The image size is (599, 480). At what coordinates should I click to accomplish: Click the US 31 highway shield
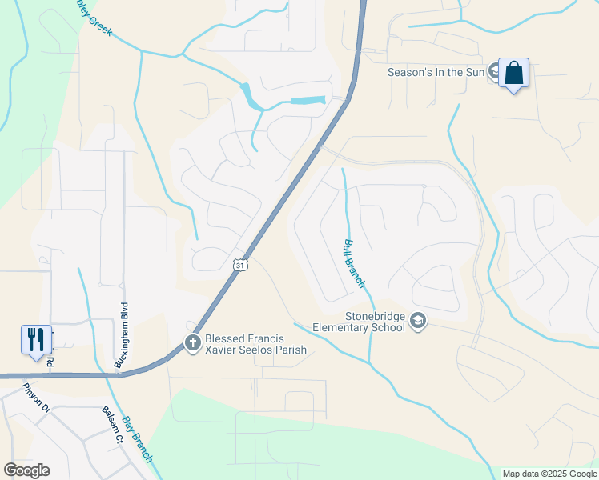pyautogui.click(x=241, y=264)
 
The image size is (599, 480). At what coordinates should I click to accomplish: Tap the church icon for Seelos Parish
pyautogui.click(x=192, y=343)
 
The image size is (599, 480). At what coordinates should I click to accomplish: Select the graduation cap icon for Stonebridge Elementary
pyautogui.click(x=417, y=321)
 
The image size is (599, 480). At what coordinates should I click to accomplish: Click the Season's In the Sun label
pyautogui.click(x=436, y=72)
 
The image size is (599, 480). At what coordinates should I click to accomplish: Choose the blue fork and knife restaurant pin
pyautogui.click(x=36, y=339)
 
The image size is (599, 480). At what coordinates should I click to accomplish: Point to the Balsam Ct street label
pyautogui.click(x=111, y=424)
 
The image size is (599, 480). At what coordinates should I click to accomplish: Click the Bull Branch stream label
pyautogui.click(x=354, y=263)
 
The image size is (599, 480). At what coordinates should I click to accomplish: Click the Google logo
pyautogui.click(x=26, y=470)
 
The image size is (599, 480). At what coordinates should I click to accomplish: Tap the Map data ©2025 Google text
pyautogui.click(x=549, y=474)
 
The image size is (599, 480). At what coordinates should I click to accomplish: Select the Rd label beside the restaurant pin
pyautogui.click(x=50, y=362)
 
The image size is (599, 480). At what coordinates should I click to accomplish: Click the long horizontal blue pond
pyautogui.click(x=308, y=101)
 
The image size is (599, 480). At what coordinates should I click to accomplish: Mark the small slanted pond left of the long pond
pyautogui.click(x=251, y=97)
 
